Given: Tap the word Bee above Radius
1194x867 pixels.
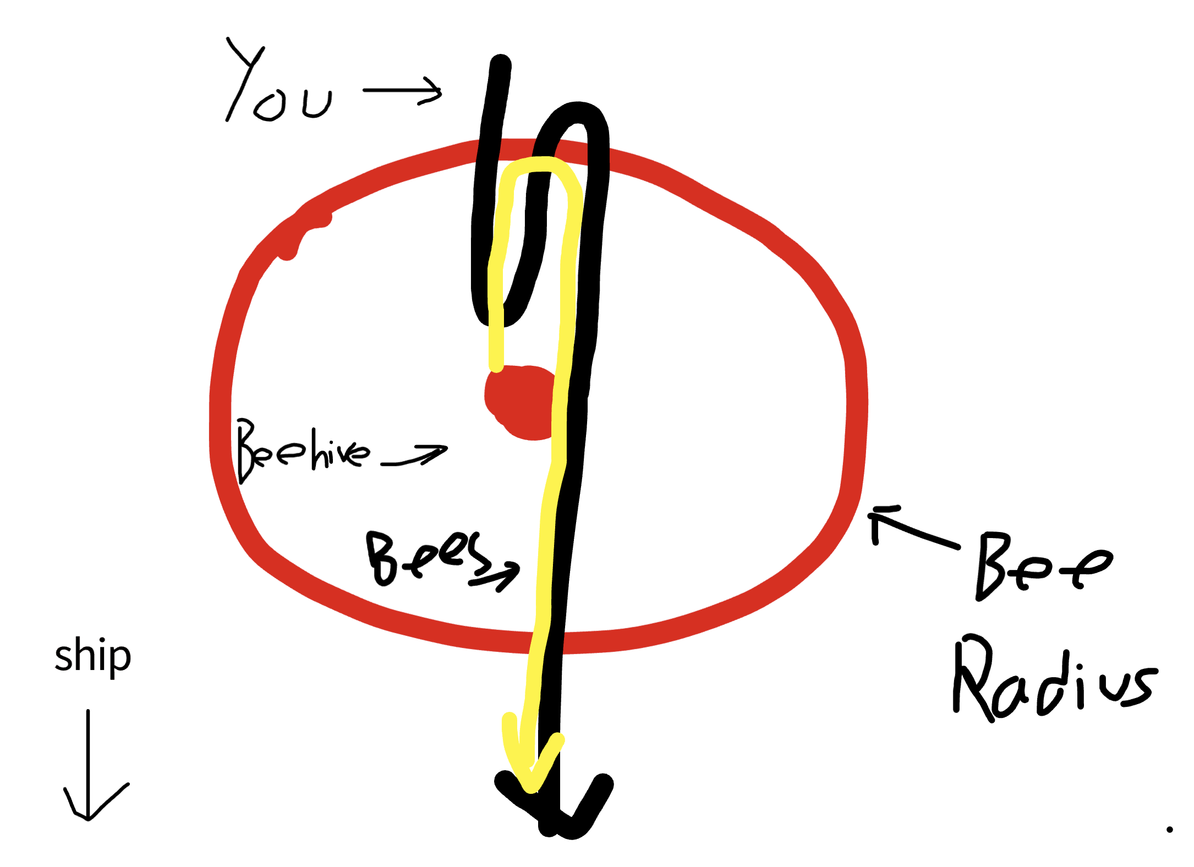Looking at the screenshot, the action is tap(1040, 567).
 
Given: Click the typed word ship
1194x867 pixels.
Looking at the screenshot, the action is tap(92, 656).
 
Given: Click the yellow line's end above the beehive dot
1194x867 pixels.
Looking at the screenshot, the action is tap(496, 363).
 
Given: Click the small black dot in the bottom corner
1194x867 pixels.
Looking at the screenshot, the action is tap(1169, 830).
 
